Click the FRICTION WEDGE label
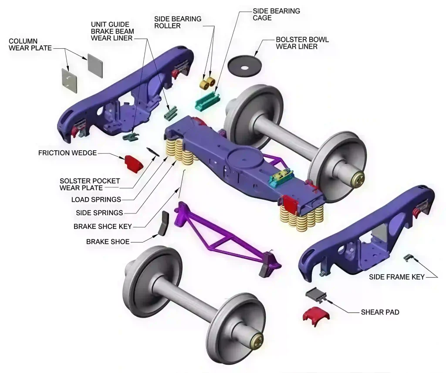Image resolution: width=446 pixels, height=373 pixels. pyautogui.click(x=67, y=153)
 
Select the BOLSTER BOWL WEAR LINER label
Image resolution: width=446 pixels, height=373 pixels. pyautogui.click(x=302, y=43)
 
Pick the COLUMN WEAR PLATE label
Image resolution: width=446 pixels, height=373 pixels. pyautogui.click(x=30, y=45)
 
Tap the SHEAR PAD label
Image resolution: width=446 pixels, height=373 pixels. pyautogui.click(x=380, y=312)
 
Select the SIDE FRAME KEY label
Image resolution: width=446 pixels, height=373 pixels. pyautogui.click(x=397, y=277)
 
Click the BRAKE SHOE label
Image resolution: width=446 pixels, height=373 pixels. pyautogui.click(x=108, y=241)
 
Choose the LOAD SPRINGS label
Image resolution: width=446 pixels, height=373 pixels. pyautogui.click(x=96, y=200)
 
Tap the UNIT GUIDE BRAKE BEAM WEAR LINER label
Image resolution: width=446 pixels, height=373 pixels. pyautogui.click(x=112, y=31)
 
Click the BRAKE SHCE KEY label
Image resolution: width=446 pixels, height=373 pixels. pyautogui.click(x=102, y=227)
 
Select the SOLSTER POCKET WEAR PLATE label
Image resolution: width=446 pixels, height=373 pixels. pyautogui.click(x=84, y=184)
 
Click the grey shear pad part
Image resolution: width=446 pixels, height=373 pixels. pyautogui.click(x=315, y=295)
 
